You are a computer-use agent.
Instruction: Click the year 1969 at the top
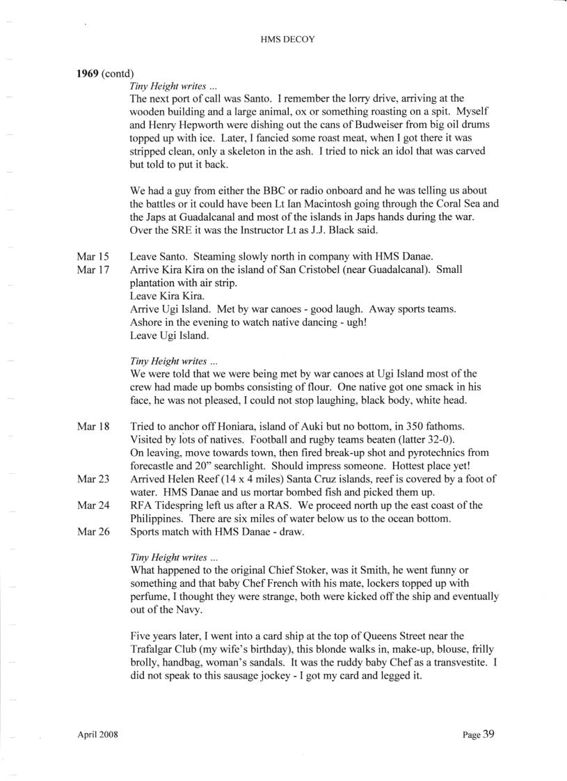click(88, 73)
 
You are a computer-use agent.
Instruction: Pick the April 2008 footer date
click(97, 734)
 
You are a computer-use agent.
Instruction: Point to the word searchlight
click(259, 465)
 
